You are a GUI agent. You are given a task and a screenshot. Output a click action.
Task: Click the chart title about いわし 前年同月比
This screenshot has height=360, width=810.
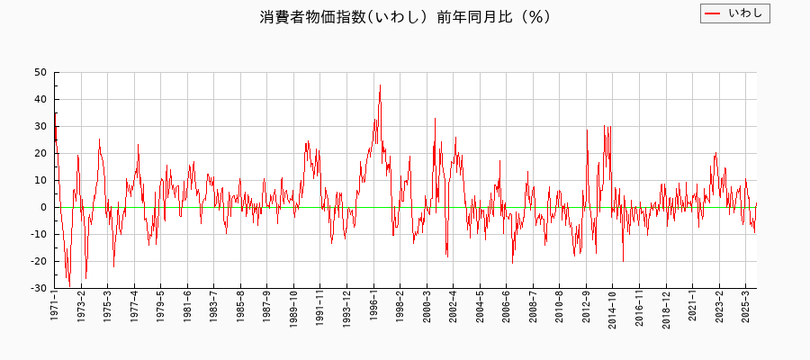[405, 17]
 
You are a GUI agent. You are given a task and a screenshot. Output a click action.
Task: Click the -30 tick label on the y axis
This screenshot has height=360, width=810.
[39, 288]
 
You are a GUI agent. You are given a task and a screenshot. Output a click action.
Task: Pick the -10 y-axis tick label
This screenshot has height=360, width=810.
[39, 234]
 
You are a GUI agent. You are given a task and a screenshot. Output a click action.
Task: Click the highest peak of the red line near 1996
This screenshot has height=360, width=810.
[380, 85]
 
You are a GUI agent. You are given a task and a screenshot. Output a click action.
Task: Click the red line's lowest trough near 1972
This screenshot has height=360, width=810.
[69, 285]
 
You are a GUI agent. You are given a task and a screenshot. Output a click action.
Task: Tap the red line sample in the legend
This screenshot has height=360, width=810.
[713, 13]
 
